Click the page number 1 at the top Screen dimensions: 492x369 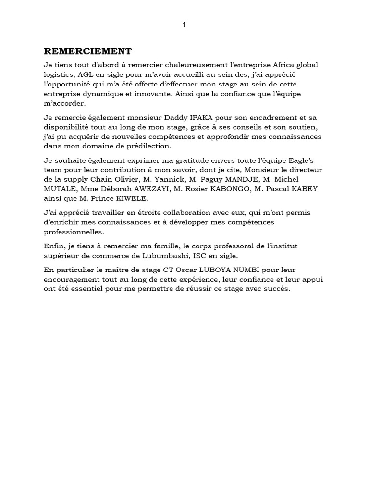point(184,25)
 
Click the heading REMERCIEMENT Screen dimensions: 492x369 point(88,51)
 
